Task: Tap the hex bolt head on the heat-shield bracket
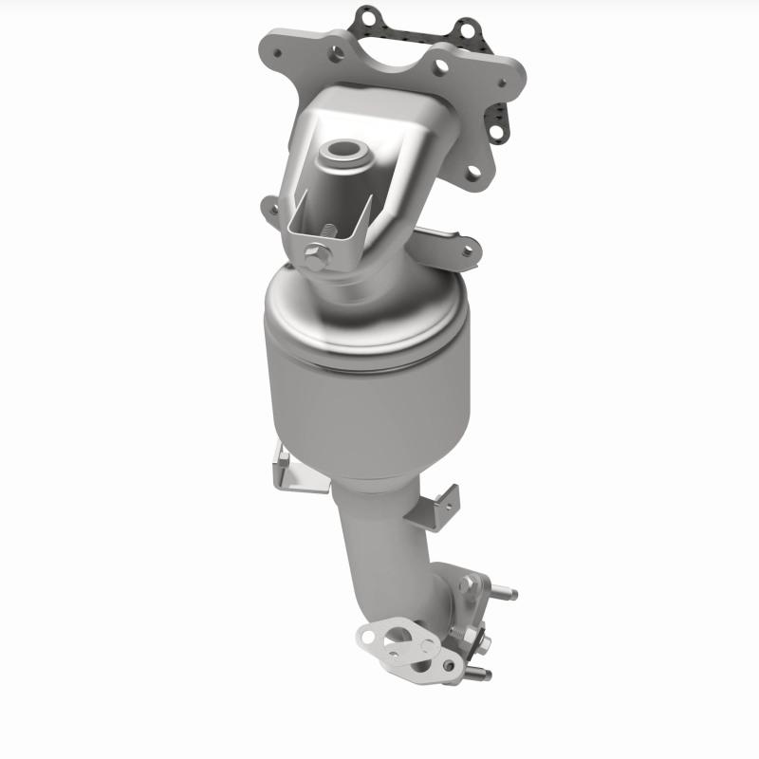pyautogui.click(x=317, y=254)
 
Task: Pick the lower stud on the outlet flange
pyautogui.click(x=481, y=674)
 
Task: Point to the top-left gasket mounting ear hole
pyautogui.click(x=366, y=16)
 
